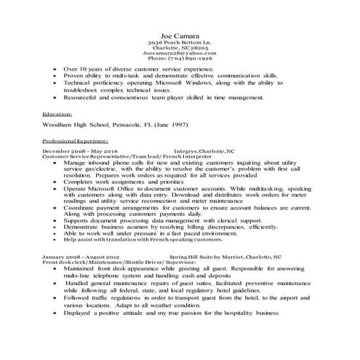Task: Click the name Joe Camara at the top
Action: [179, 36]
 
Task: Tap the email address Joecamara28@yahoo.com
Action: [179, 53]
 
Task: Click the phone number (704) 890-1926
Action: [179, 59]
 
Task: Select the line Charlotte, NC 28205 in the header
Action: [179, 48]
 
